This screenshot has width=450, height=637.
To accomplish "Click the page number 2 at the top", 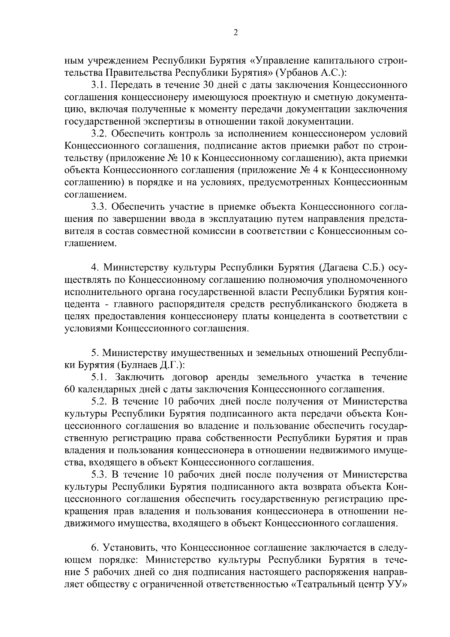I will [235, 33].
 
